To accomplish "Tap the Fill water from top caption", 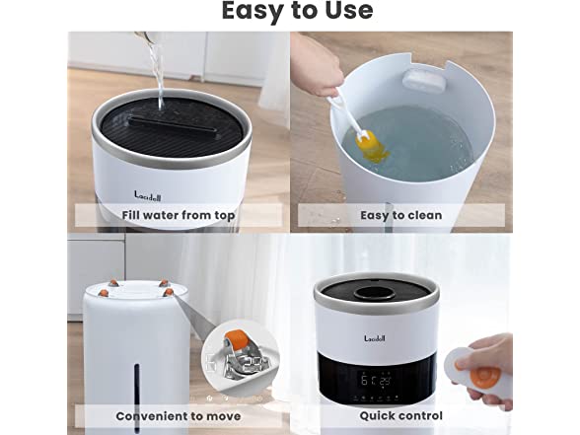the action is (x=179, y=215).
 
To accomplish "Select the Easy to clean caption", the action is (x=400, y=215).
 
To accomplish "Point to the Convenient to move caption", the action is (x=179, y=416).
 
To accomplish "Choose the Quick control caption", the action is (x=400, y=416).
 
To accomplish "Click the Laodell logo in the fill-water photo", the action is (x=148, y=196).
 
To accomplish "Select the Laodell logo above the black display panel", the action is (x=375, y=338).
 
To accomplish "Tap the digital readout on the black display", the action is (x=376, y=380).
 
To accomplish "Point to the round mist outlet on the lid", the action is (x=375, y=294).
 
